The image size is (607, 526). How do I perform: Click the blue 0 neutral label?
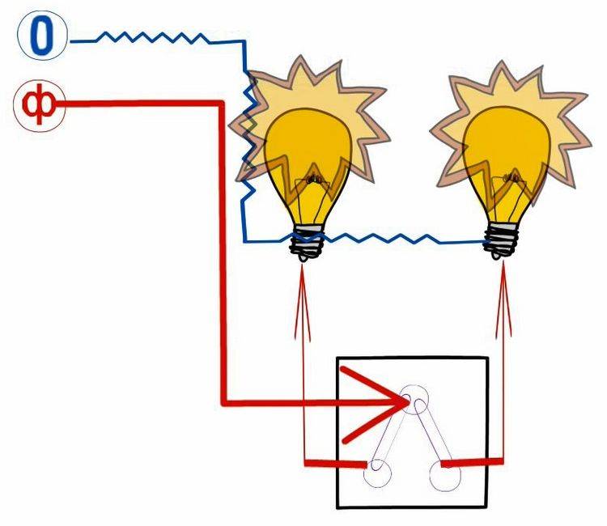[x=43, y=39]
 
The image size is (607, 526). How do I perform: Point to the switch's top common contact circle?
[x=419, y=399]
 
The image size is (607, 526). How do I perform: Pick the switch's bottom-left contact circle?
[x=376, y=472]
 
